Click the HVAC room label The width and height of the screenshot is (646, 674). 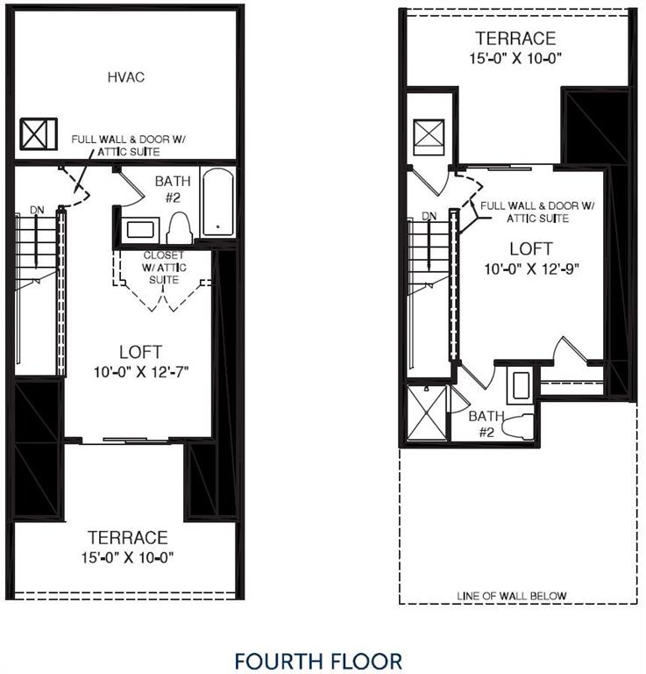(125, 77)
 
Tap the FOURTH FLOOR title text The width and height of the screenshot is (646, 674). (318, 660)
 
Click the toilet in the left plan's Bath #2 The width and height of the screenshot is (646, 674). (179, 227)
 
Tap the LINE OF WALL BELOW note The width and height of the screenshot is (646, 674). (511, 596)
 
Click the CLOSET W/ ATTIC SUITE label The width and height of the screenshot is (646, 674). (164, 268)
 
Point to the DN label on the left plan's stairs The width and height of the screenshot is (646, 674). (36, 210)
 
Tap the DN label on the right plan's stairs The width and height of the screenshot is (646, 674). (429, 216)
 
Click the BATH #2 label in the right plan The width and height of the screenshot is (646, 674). (485, 424)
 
